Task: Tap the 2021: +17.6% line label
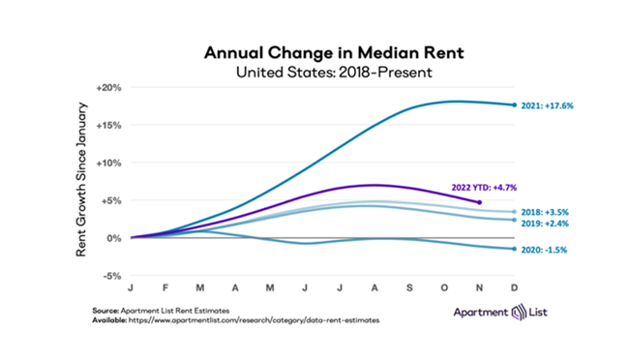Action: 550,105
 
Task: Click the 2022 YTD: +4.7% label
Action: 466,189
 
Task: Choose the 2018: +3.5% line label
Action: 547,211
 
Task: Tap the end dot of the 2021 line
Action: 512,105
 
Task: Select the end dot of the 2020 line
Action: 512,249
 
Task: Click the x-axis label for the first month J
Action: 131,286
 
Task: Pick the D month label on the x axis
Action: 512,286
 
